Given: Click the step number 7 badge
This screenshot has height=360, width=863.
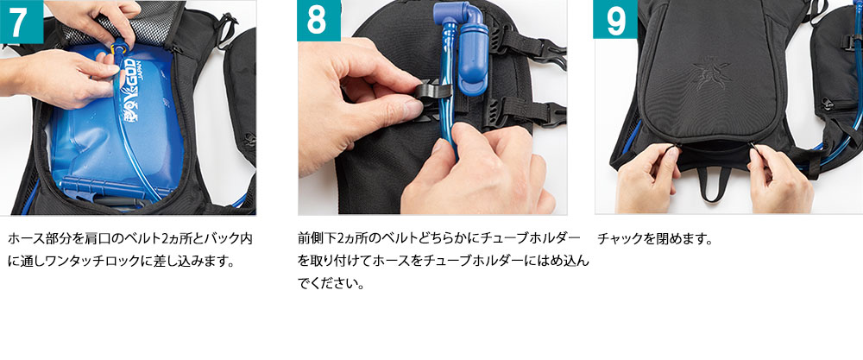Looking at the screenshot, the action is tap(22, 22).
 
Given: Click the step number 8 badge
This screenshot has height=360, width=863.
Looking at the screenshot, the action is tap(318, 21).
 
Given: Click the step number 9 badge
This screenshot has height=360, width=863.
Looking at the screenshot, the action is tap(615, 19).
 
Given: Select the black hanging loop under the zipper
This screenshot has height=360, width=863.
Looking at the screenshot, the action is tap(715, 182).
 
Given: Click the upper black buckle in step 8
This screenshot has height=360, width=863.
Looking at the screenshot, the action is tap(528, 44).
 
